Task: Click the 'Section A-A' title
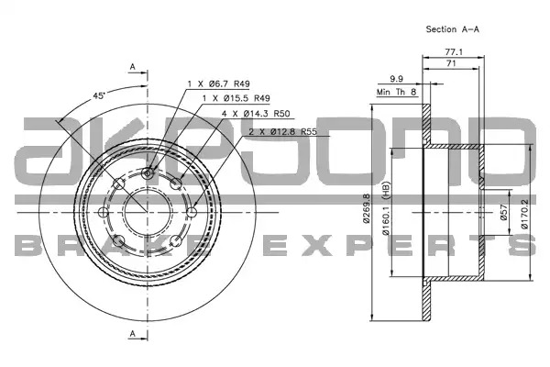pyautogui.click(x=452, y=29)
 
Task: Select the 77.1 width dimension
pyautogui.click(x=454, y=52)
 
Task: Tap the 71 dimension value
pyautogui.click(x=451, y=63)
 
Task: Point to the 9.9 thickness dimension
pyautogui.click(x=396, y=79)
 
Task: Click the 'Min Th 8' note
pyautogui.click(x=396, y=92)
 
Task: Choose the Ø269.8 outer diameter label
pyautogui.click(x=367, y=208)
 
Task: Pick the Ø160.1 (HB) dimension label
pyautogui.click(x=386, y=208)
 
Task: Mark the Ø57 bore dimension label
pyautogui.click(x=503, y=213)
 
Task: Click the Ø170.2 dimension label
pyautogui.click(x=524, y=213)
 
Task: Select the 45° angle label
pyautogui.click(x=99, y=95)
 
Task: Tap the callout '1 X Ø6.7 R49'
pyautogui.click(x=218, y=83)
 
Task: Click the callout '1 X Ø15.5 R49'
pyautogui.click(x=236, y=98)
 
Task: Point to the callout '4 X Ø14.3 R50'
pyautogui.click(x=256, y=114)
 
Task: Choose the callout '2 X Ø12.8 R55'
pyautogui.click(x=282, y=132)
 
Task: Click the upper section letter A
pyautogui.click(x=132, y=66)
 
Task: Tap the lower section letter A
pyautogui.click(x=132, y=333)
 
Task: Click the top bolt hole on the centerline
pyautogui.click(x=148, y=173)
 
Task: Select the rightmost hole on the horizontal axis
pyautogui.click(x=192, y=213)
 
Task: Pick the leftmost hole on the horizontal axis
pyautogui.click(x=104, y=212)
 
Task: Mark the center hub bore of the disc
pyautogui.click(x=148, y=213)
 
